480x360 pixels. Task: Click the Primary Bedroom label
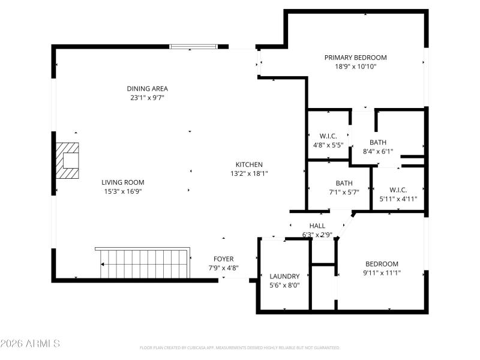pyautogui.click(x=355, y=58)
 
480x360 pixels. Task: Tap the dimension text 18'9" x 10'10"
pyautogui.click(x=355, y=67)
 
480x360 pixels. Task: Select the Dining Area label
pyautogui.click(x=147, y=89)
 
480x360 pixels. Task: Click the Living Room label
pyautogui.click(x=122, y=182)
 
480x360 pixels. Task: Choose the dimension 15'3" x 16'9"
pyautogui.click(x=122, y=191)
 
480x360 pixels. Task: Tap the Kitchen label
pyautogui.click(x=248, y=164)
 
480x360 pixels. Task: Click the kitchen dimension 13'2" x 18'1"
pyautogui.click(x=248, y=173)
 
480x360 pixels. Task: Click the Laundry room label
pyautogui.click(x=284, y=277)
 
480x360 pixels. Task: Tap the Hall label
pyautogui.click(x=317, y=226)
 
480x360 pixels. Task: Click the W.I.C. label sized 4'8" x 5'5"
pyautogui.click(x=328, y=136)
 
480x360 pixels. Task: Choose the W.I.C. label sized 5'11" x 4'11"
pyautogui.click(x=398, y=190)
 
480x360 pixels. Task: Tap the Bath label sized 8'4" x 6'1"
pyautogui.click(x=378, y=142)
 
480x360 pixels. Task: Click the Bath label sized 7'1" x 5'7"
pyautogui.click(x=344, y=183)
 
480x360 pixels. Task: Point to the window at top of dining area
pyautogui.click(x=193, y=46)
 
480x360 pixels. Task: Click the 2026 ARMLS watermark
pyautogui.click(x=30, y=344)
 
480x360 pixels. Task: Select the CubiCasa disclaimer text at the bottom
pyautogui.click(x=240, y=347)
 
